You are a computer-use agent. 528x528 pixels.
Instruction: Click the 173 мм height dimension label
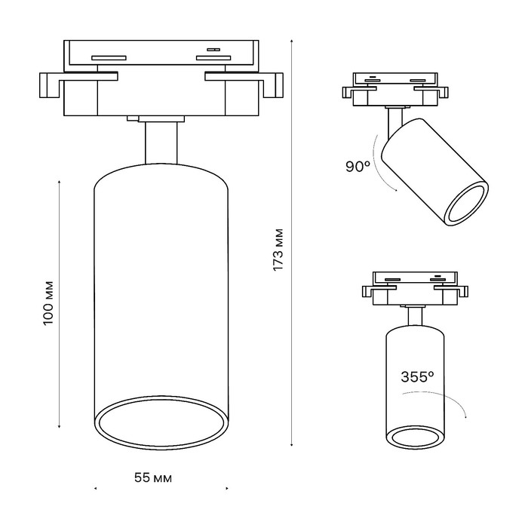pos(278,249)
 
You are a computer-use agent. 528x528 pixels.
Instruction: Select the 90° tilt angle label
pos(357,167)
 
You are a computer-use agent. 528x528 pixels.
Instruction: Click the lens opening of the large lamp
pos(160,425)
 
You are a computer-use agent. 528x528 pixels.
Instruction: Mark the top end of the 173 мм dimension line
pos(293,39)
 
